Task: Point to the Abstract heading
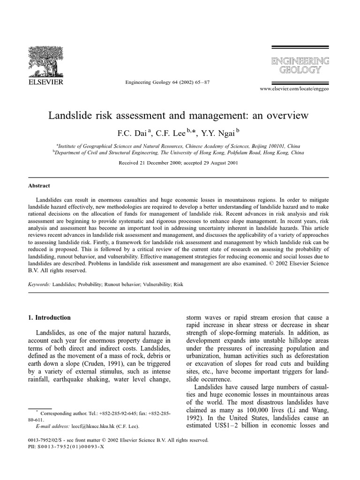click(x=39, y=186)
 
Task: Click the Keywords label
click(x=39, y=284)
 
